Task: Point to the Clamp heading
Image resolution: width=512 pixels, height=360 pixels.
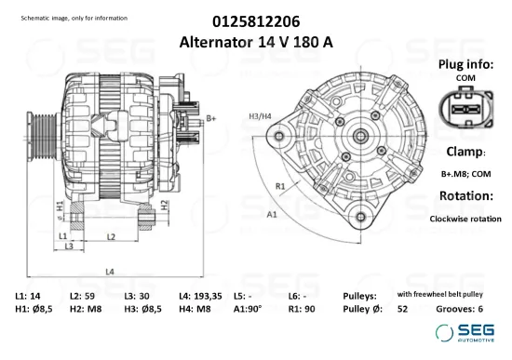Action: point(465,151)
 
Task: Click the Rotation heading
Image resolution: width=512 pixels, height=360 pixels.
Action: point(465,196)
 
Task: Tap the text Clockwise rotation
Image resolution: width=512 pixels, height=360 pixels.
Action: point(465,219)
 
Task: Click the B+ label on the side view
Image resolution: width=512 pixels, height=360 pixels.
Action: point(210,117)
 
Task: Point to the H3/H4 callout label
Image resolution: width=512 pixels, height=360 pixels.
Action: point(261,115)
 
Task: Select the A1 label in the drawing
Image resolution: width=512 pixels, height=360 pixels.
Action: point(272,214)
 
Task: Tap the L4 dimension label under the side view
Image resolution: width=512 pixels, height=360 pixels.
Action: point(110,272)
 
